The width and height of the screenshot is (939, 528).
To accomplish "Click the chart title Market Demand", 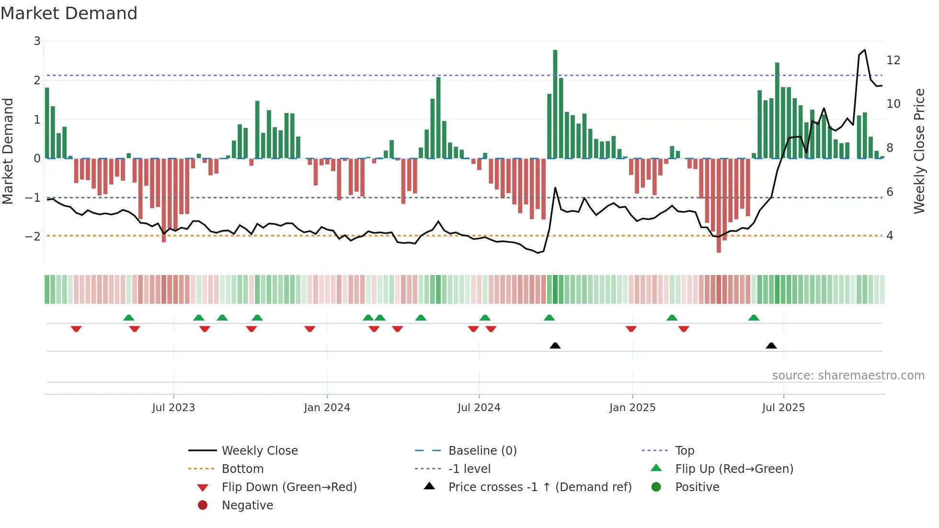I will pyautogui.click(x=69, y=13).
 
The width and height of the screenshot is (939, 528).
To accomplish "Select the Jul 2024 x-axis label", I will pyautogui.click(x=479, y=408).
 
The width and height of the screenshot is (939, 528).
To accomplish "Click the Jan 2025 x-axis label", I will pyautogui.click(x=632, y=408).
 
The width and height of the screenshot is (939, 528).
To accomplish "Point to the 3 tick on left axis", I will pyautogui.click(x=37, y=41).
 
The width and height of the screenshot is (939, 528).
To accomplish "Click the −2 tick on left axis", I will pyautogui.click(x=33, y=236).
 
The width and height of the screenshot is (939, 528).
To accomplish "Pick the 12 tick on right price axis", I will pyautogui.click(x=893, y=60).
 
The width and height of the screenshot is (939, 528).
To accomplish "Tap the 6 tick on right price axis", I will pyautogui.click(x=890, y=192).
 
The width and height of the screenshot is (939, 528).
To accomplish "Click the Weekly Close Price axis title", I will pyautogui.click(x=919, y=151).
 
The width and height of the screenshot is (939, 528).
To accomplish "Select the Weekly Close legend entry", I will pyautogui.click(x=259, y=451).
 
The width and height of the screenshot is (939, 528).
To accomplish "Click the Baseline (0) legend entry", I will pyautogui.click(x=482, y=451).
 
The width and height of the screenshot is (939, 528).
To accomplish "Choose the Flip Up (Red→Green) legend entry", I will pyautogui.click(x=734, y=469).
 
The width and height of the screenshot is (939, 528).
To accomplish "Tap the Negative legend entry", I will pyautogui.click(x=247, y=505).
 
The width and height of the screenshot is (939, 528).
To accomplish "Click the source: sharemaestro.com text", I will pyautogui.click(x=848, y=376).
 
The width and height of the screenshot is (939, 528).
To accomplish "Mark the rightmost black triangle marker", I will pyautogui.click(x=771, y=345).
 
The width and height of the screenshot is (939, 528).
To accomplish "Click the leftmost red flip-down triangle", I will pyautogui.click(x=76, y=329).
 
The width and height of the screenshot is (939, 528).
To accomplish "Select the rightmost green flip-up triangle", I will pyautogui.click(x=754, y=318).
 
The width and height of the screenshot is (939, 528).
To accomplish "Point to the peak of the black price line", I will pyautogui.click(x=864, y=50).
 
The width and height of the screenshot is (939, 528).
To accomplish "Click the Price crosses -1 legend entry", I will pyautogui.click(x=539, y=487).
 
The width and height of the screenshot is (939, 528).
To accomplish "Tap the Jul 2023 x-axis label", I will pyautogui.click(x=173, y=408).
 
